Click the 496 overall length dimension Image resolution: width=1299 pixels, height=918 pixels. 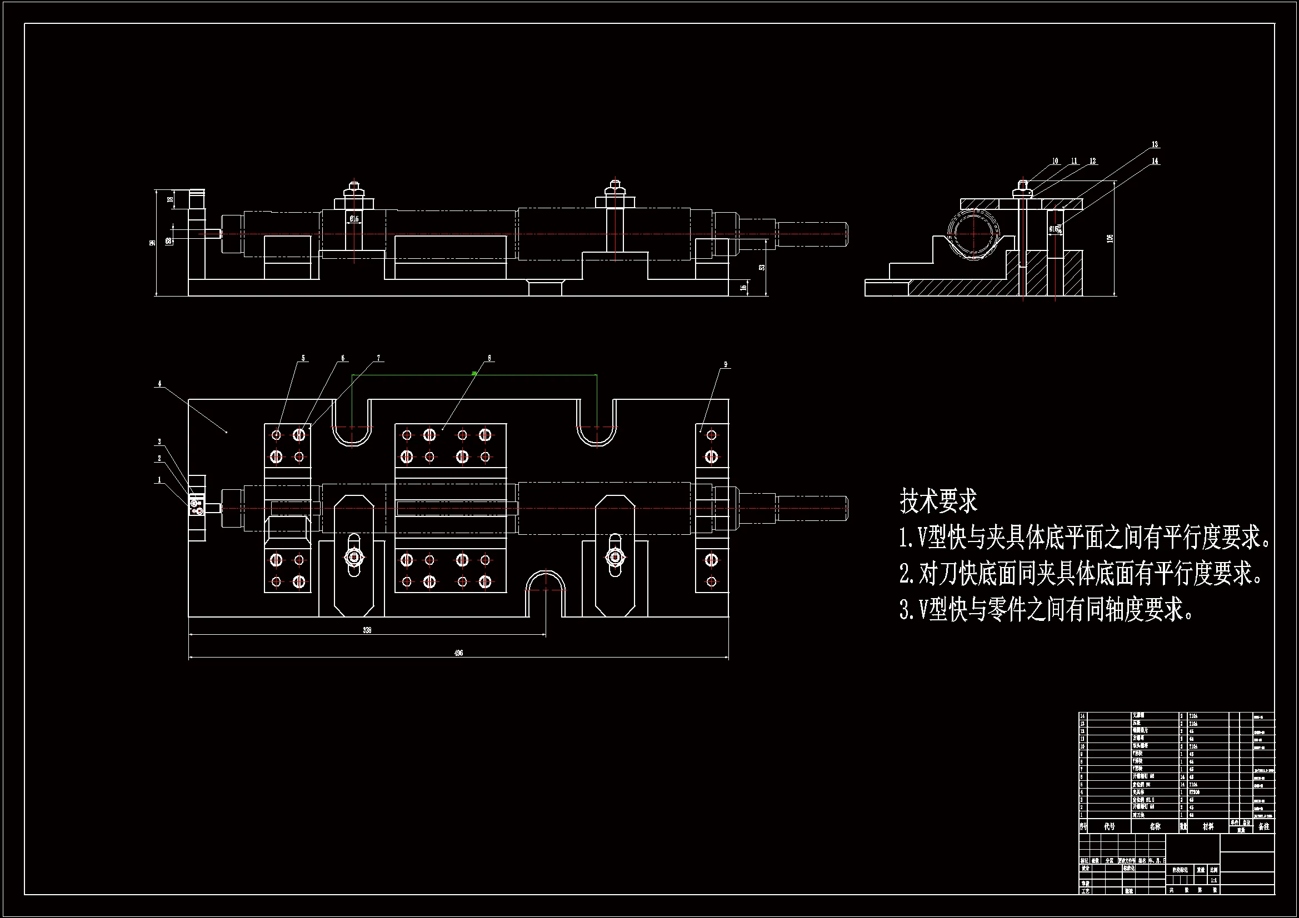458,653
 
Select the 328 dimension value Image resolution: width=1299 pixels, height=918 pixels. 367,630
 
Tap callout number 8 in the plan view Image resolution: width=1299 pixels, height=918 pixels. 489,358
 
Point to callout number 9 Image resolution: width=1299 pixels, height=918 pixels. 725,365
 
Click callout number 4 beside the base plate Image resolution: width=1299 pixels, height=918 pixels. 159,384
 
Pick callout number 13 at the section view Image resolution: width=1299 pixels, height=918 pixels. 1155,145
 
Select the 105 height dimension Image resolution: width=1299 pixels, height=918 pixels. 1110,239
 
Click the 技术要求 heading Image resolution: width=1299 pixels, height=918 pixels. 938,501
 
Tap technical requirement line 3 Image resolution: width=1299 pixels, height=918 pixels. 1046,610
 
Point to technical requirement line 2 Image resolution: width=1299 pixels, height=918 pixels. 1080,574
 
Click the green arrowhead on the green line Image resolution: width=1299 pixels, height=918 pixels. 474,373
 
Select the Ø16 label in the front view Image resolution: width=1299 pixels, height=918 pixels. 353,219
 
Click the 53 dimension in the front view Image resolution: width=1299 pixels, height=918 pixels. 762,267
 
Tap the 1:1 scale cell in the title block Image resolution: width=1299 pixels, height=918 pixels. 1213,880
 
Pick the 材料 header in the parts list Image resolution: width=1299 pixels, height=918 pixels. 1208,826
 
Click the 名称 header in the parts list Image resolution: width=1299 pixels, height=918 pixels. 1155,826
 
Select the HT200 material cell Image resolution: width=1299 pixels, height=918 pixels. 1195,792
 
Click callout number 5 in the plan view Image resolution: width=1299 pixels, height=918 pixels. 303,358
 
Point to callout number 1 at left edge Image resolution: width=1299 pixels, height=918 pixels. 159,480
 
